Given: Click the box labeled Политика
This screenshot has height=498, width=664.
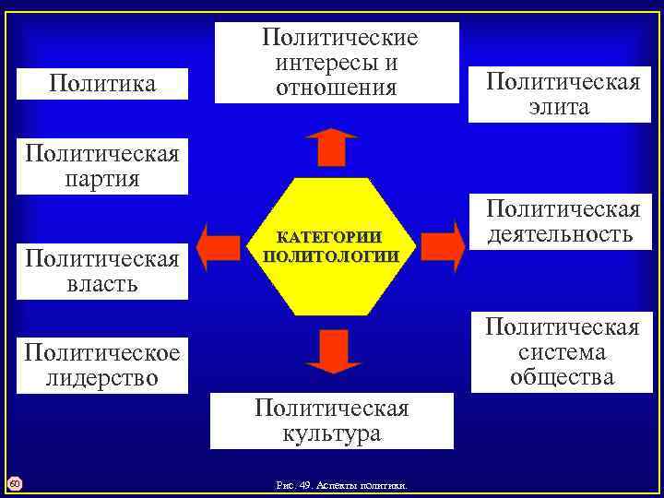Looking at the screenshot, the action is (x=102, y=85).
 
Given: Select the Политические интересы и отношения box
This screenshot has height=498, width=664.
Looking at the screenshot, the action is (x=337, y=63).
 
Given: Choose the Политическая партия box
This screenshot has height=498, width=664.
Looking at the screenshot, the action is (x=102, y=164).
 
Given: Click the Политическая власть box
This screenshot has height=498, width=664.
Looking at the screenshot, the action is (x=102, y=270).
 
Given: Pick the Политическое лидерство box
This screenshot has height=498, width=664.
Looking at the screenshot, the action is (x=102, y=365).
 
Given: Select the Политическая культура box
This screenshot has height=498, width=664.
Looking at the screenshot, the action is (x=332, y=421).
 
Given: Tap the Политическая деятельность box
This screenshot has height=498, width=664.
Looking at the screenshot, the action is (x=563, y=221).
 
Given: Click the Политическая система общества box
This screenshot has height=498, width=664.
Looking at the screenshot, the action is (x=563, y=352).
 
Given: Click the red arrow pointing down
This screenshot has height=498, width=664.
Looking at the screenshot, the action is (x=332, y=350).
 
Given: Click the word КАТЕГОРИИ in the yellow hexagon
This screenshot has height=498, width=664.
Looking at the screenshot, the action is (x=331, y=239).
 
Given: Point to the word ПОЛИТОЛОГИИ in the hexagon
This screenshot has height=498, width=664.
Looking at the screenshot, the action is (x=331, y=255).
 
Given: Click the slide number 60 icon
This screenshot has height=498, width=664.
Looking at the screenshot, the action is (x=15, y=483).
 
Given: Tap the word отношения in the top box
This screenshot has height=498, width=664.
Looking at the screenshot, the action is (x=337, y=88).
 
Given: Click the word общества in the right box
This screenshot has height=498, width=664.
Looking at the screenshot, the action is (x=563, y=376).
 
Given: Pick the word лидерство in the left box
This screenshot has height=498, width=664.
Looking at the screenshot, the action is (x=102, y=378).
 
